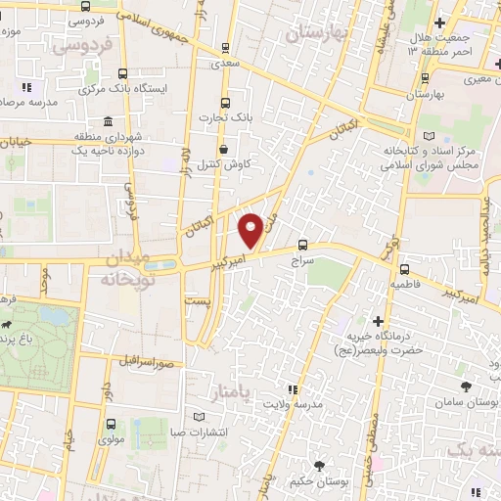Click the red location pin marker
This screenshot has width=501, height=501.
250,230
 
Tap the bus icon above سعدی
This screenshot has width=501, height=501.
226,47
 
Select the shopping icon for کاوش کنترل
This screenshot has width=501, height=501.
226,150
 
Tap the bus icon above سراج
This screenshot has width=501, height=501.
302,246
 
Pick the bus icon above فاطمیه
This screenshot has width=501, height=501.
403,269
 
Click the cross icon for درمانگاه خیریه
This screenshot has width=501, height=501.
378,321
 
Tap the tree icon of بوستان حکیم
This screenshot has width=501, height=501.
319,466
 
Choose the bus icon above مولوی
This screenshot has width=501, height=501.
110,426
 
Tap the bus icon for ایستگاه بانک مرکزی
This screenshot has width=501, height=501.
122,71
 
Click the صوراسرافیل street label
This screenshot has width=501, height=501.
149,362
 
